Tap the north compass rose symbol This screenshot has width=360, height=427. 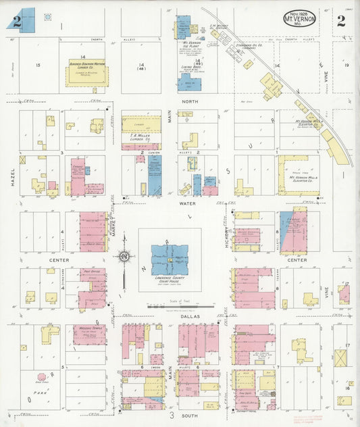[124, 256]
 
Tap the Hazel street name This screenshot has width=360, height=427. [13, 177]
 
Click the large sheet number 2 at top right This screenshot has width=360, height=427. [341, 20]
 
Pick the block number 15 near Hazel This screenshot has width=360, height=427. [38, 65]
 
